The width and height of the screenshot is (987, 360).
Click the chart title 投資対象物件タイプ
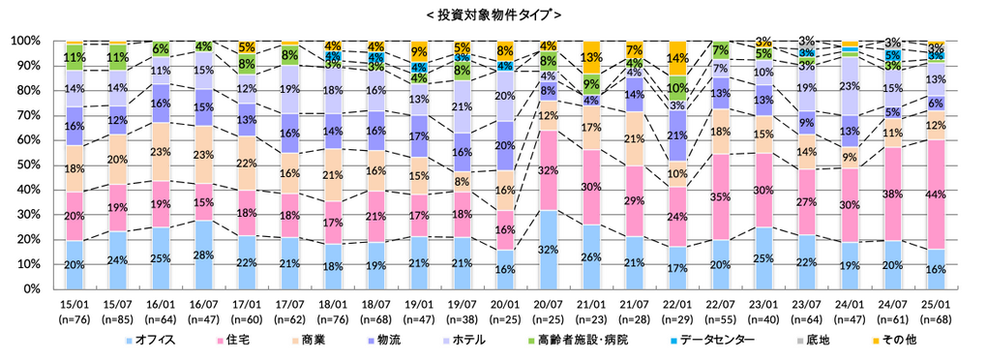point(493,15)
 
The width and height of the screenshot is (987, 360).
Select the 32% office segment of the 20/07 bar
point(548,249)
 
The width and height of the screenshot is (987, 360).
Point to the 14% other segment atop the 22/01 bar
point(677,58)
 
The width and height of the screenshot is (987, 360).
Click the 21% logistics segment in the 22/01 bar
point(677,135)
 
